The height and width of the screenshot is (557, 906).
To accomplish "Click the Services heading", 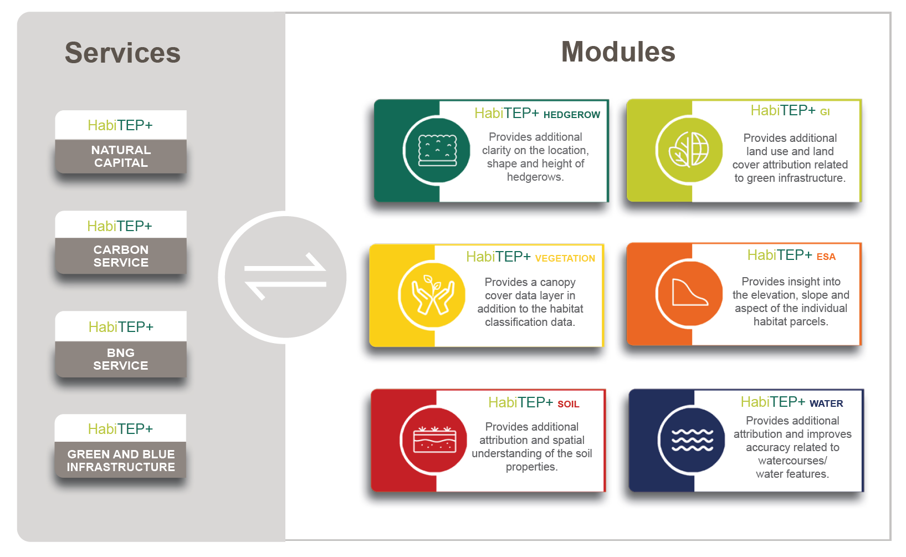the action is pyautogui.click(x=122, y=53).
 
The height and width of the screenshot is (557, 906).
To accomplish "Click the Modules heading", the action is pyautogui.click(x=618, y=52).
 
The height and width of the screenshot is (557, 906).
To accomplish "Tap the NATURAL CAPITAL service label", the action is pyautogui.click(x=121, y=156).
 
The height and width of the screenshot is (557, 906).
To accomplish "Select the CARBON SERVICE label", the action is pyautogui.click(x=121, y=256).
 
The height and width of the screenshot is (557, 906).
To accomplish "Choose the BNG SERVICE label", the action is pyautogui.click(x=121, y=359).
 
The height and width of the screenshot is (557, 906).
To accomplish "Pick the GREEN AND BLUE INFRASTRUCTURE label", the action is pyautogui.click(x=121, y=461).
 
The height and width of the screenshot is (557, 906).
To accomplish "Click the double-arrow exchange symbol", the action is pyautogui.click(x=285, y=277).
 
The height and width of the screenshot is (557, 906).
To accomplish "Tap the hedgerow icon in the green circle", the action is pyautogui.click(x=437, y=150).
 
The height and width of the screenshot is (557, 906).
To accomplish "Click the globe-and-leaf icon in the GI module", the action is pyautogui.click(x=689, y=150).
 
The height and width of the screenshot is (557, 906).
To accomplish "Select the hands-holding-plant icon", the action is pyautogui.click(x=433, y=294).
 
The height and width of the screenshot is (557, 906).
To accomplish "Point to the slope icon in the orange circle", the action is pyautogui.click(x=689, y=292).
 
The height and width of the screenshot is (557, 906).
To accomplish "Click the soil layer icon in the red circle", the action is pyautogui.click(x=434, y=440).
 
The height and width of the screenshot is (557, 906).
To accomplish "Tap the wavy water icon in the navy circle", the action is pyautogui.click(x=692, y=440).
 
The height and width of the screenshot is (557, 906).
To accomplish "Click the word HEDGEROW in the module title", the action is pyautogui.click(x=571, y=115).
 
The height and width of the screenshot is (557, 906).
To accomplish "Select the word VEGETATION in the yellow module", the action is pyautogui.click(x=565, y=258).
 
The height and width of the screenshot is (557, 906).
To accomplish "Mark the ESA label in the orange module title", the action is pyautogui.click(x=826, y=257).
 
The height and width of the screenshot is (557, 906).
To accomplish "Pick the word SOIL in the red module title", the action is pyautogui.click(x=568, y=404).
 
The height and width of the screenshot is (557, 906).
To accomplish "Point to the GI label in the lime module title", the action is pyautogui.click(x=825, y=112).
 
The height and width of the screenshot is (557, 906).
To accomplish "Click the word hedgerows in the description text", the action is pyautogui.click(x=535, y=177).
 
